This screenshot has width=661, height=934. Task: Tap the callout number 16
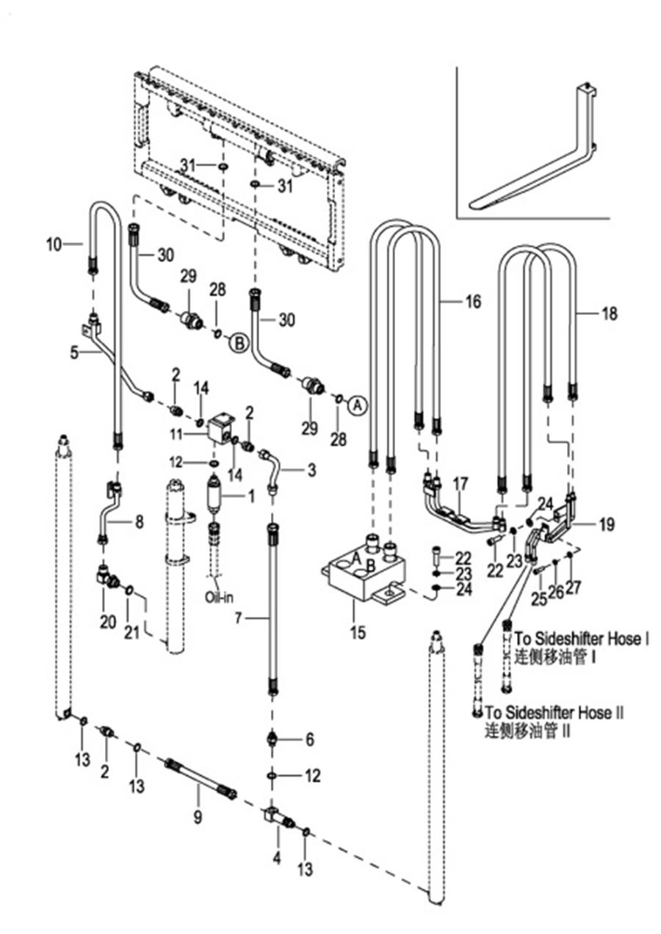click(x=474, y=301)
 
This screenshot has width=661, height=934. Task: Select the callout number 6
click(x=309, y=740)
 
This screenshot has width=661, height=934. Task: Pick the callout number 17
click(x=460, y=485)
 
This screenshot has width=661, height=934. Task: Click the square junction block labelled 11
click(x=221, y=427)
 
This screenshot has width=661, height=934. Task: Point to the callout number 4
click(x=276, y=857)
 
